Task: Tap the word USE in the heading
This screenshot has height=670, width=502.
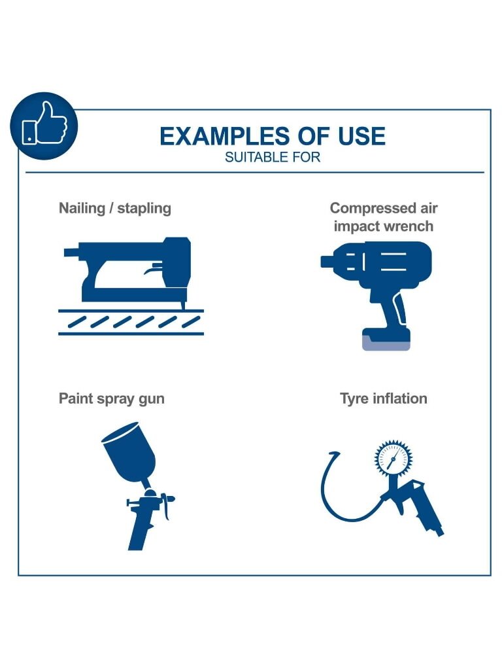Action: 361,136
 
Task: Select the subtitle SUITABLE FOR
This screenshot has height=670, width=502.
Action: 273,157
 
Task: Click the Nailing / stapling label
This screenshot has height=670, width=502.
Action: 115,209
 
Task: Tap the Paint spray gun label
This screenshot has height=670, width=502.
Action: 111,398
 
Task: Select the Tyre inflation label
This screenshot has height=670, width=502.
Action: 383,398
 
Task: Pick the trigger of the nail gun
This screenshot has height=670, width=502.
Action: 153,269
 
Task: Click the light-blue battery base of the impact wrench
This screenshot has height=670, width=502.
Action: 386,343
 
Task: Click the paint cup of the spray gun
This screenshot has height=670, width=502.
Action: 129,451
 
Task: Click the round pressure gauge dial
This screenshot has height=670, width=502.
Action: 393,459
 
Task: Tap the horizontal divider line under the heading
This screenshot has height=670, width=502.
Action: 255,173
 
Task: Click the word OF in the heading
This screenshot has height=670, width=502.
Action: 313,136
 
